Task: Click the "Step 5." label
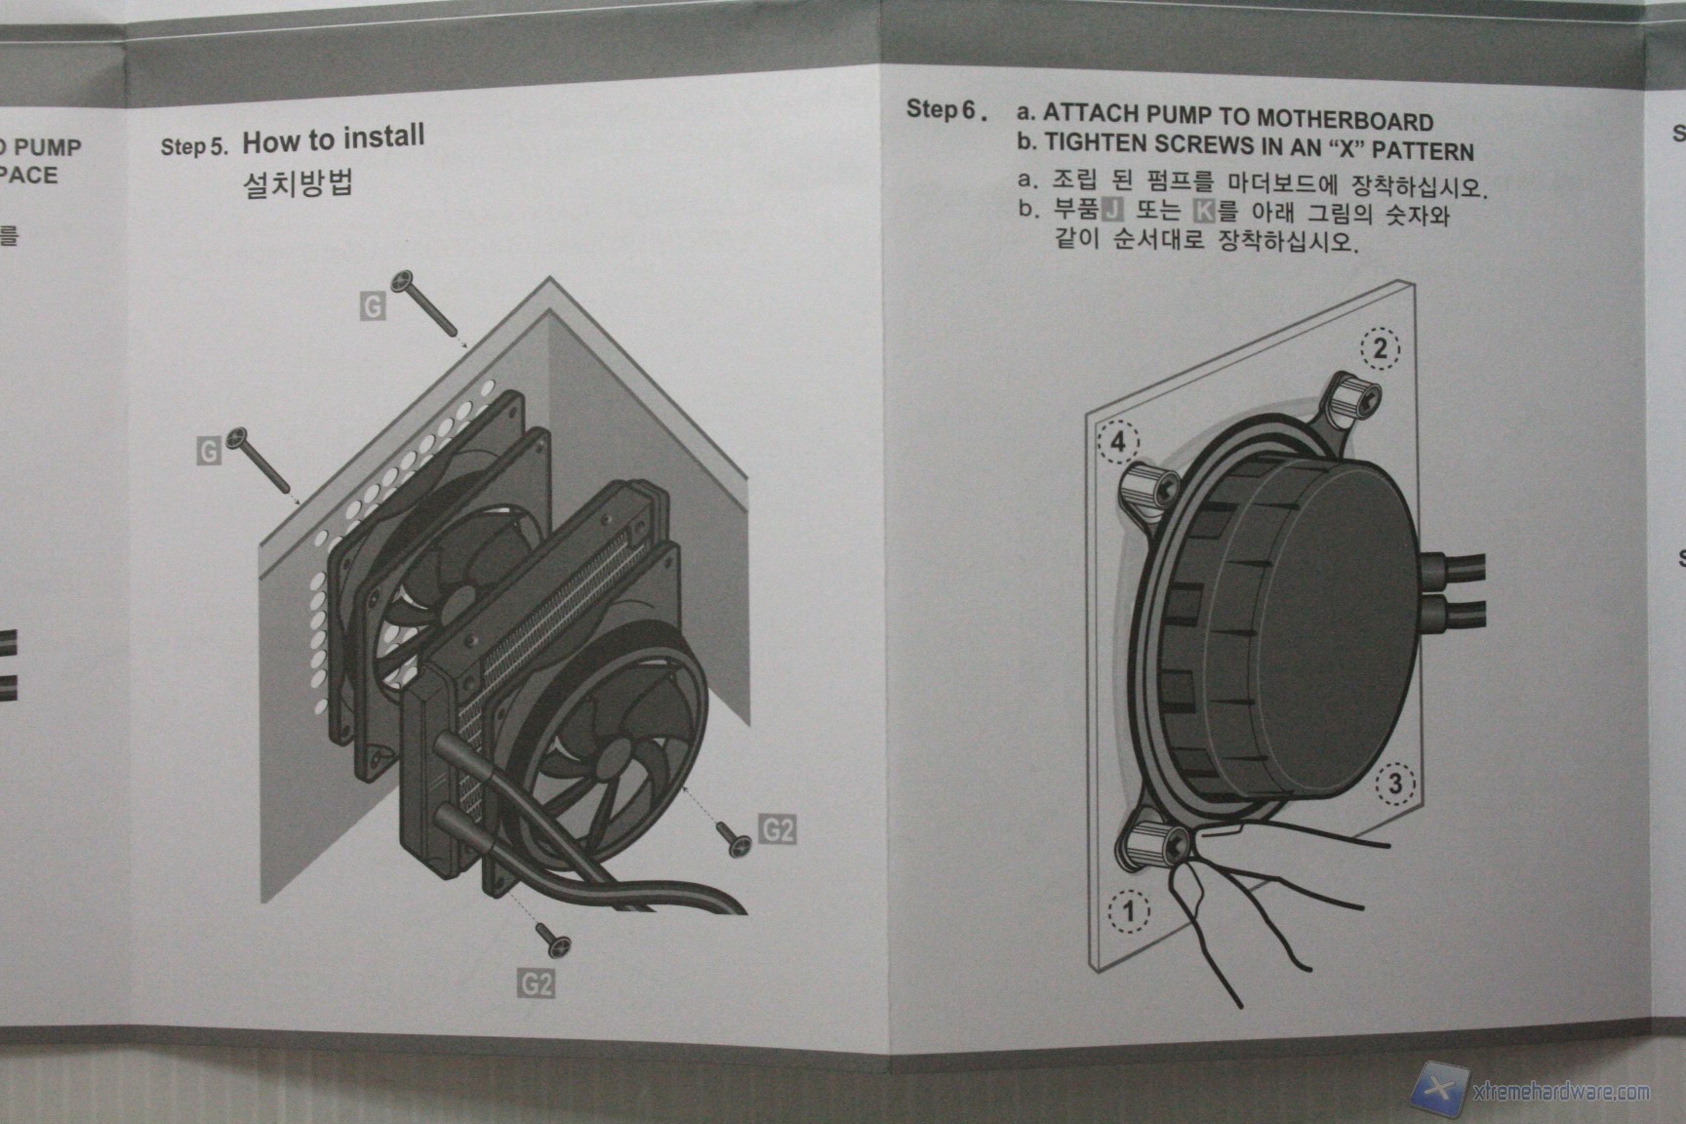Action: tap(194, 146)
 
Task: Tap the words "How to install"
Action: tap(334, 139)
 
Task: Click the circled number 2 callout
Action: tap(1380, 349)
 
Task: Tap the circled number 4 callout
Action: tap(1118, 443)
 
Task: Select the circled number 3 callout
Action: tap(1395, 783)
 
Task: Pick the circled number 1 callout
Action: tap(1129, 911)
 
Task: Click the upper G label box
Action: tap(373, 307)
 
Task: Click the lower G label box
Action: tap(209, 451)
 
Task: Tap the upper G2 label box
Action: tap(777, 830)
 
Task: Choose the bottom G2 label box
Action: tap(536, 983)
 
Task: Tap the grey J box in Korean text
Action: tap(1112, 209)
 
